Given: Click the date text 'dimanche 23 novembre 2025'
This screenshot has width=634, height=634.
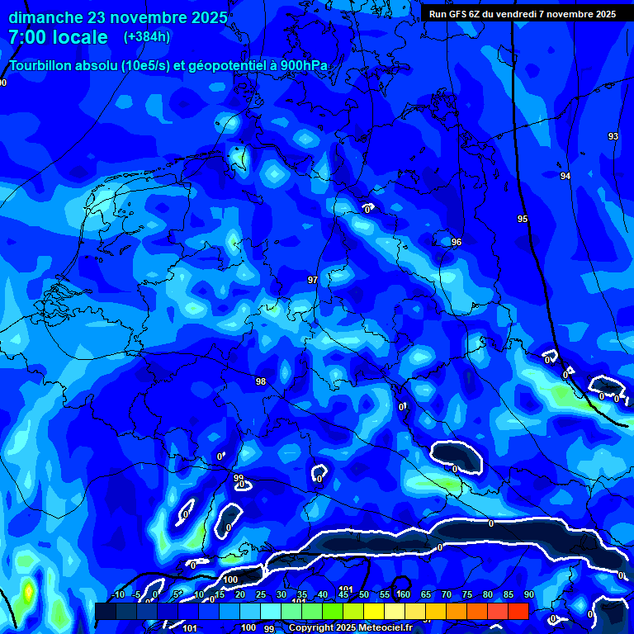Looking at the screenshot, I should (x=118, y=17).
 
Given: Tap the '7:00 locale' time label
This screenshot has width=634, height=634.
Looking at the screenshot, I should (x=58, y=37).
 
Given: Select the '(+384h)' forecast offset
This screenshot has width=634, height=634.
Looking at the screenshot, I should (x=147, y=37).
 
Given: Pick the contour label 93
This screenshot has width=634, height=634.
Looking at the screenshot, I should (x=613, y=136).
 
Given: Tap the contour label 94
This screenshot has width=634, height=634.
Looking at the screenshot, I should (x=565, y=176).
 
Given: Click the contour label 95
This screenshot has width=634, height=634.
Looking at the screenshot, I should (x=523, y=219).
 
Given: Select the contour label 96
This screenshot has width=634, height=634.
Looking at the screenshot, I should (x=457, y=242).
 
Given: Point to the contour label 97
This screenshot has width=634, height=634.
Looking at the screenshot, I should (x=312, y=281).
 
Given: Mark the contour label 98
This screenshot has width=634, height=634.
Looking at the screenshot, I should (x=261, y=381).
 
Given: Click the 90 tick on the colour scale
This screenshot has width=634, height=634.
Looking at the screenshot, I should (x=528, y=594).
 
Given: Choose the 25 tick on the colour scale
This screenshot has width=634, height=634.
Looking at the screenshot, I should (x=261, y=594).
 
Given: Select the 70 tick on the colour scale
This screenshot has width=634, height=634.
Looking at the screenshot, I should (x=447, y=594).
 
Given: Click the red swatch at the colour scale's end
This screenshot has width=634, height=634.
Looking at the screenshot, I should (x=518, y=611).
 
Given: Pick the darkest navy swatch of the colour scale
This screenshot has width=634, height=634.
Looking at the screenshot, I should (x=105, y=611).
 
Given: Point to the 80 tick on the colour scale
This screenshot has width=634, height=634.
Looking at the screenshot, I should (x=488, y=594).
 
